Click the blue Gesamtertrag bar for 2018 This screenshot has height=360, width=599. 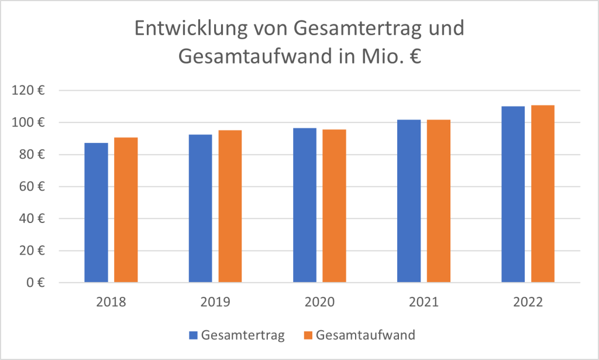coord(96,212)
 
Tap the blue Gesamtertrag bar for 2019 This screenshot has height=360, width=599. coord(201,208)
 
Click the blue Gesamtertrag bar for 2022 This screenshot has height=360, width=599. coord(513,194)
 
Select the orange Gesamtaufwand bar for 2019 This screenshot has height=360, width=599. coord(230,206)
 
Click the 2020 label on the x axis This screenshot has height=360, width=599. coord(319,303)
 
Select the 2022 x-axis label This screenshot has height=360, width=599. coord(528,303)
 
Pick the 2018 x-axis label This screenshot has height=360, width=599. coord(111,303)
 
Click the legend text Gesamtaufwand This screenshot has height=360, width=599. coord(365,335)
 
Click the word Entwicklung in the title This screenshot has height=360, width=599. coord(182,29)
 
